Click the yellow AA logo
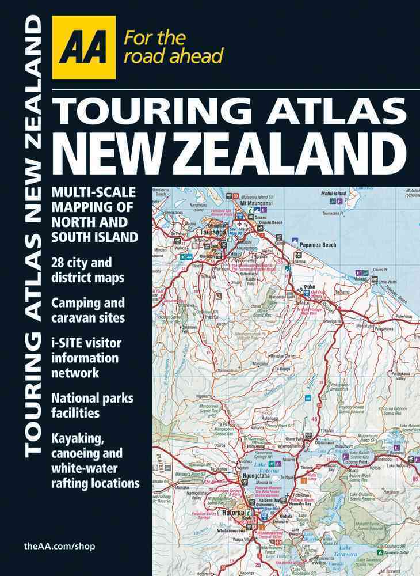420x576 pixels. pos(83,47)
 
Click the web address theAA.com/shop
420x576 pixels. pos(60,545)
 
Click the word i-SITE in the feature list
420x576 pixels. pos(69,343)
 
